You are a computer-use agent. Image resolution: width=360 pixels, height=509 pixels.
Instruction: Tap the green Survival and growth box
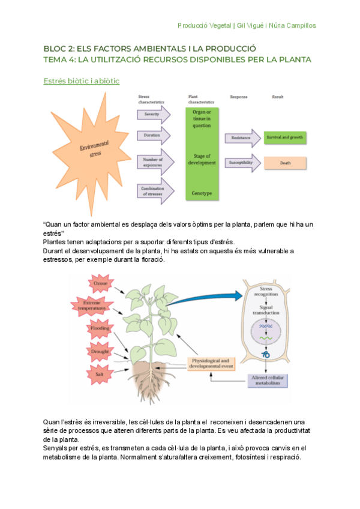[285, 138]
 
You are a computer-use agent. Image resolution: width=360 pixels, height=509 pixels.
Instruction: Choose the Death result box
[285, 163]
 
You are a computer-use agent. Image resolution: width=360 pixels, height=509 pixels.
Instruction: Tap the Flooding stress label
[99, 329]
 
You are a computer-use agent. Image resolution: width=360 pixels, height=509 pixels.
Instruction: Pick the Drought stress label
[99, 351]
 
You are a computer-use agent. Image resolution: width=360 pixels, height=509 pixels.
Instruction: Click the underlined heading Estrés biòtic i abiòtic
[85, 81]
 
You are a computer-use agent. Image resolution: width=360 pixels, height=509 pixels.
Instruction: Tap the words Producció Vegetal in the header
[205, 25]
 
